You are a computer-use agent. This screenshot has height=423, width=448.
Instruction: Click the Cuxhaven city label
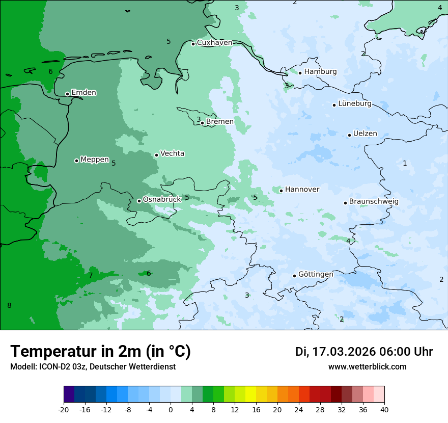[214, 43]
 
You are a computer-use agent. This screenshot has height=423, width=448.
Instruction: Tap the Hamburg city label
[320, 72]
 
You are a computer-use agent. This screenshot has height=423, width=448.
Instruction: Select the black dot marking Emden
[67, 94]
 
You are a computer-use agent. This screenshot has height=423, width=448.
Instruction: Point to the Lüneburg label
[354, 104]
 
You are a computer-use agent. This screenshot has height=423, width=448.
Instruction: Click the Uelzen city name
[365, 134]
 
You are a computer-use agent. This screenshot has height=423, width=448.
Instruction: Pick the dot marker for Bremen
[202, 122]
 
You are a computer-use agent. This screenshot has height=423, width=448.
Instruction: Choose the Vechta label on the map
[172, 153]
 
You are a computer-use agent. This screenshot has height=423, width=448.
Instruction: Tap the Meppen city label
[94, 160]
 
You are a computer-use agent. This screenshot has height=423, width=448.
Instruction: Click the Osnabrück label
[162, 200]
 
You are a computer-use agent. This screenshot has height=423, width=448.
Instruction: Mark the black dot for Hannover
[281, 191]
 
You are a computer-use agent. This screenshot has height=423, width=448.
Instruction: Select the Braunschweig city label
[374, 202]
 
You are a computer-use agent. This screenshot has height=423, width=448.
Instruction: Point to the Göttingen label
[316, 275]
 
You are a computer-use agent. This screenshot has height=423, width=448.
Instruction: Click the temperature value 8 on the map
[9, 306]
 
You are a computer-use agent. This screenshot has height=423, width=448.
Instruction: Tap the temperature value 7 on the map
[91, 276]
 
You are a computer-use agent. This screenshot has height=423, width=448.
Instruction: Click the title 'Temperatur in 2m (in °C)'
[100, 352]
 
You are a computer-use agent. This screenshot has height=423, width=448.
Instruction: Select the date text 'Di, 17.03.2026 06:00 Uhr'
[364, 352]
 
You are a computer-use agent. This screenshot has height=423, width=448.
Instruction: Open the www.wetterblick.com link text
[367, 367]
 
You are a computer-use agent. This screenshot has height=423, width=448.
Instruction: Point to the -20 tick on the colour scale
[64, 410]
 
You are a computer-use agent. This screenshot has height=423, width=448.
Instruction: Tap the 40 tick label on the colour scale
[384, 410]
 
